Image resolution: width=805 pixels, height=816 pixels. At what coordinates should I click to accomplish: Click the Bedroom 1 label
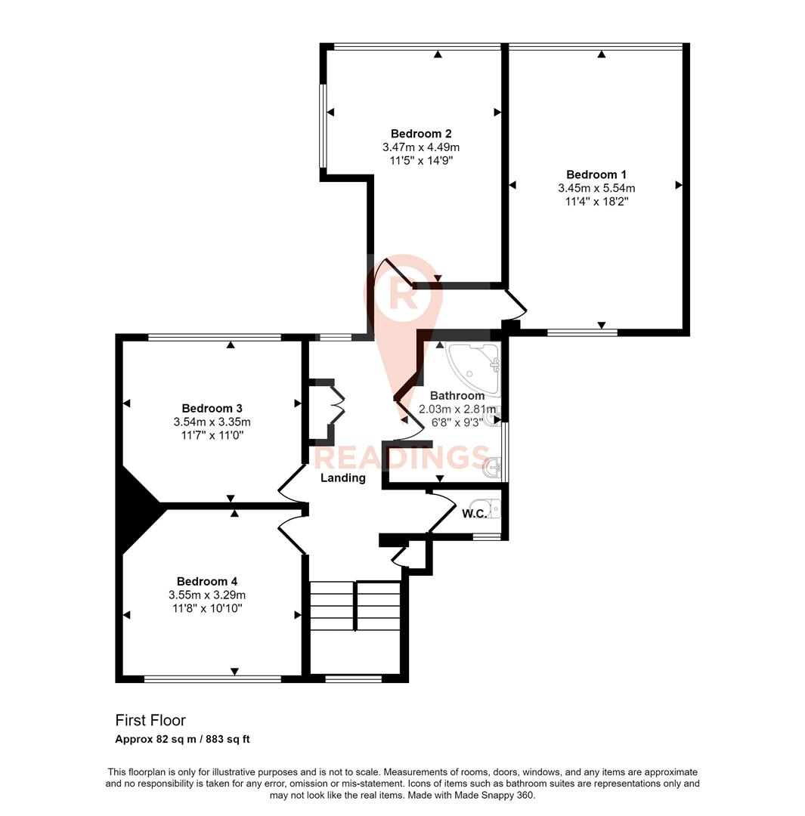596,174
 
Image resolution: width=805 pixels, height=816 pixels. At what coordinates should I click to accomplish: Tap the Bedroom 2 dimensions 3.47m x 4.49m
421,147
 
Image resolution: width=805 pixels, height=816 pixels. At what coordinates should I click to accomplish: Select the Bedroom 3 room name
212,408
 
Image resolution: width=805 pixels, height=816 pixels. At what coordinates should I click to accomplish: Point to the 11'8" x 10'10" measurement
206,608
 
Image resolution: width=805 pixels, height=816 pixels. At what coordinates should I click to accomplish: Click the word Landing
342,478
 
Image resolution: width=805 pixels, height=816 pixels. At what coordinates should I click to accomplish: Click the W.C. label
473,514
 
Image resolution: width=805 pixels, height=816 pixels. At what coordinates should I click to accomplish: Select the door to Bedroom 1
516,304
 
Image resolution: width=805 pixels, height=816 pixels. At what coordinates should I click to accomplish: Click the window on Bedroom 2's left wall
322,125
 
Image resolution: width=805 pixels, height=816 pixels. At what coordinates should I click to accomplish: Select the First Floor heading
150,720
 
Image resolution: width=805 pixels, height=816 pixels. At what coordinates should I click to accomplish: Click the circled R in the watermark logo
401,296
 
